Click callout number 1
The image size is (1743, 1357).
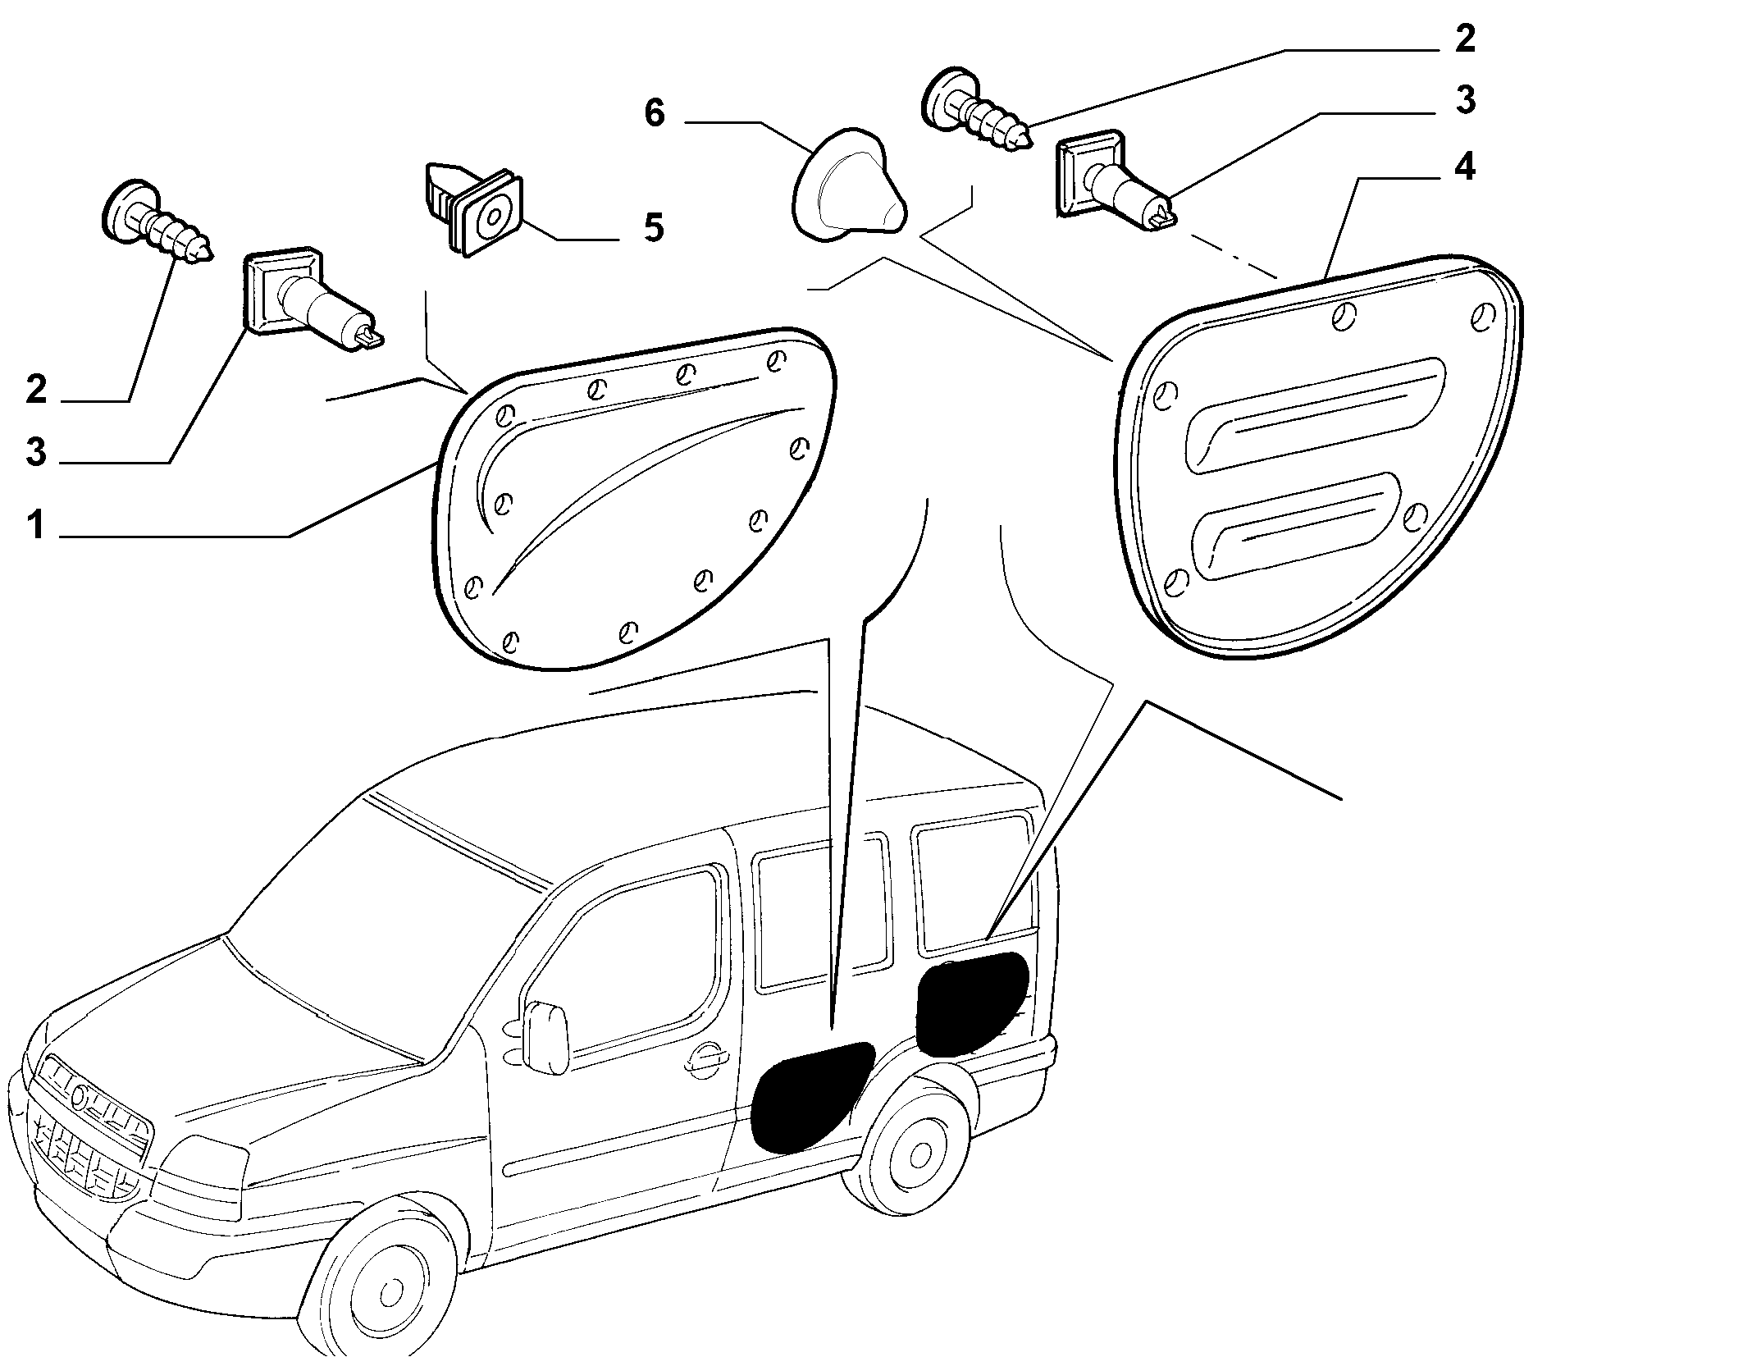click(x=35, y=524)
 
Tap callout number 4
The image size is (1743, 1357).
click(x=1465, y=167)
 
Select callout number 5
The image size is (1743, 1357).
click(x=653, y=227)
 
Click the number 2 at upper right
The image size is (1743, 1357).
click(x=1465, y=39)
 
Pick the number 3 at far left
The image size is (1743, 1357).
click(x=36, y=452)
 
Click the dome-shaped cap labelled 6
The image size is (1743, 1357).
click(x=849, y=185)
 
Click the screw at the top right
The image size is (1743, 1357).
click(x=976, y=113)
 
